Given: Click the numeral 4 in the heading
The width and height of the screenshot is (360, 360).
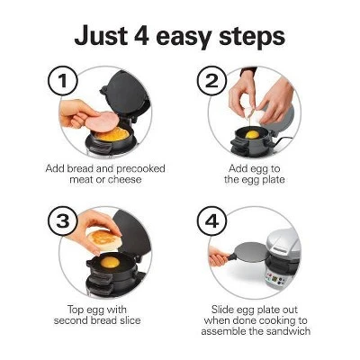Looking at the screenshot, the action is click(x=141, y=36).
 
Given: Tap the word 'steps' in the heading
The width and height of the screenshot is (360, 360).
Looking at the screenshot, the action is click(x=251, y=38).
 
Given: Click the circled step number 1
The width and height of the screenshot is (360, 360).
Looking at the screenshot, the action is click(x=63, y=81).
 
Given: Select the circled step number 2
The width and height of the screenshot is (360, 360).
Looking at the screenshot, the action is click(x=211, y=81).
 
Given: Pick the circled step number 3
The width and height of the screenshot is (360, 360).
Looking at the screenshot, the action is click(x=63, y=221).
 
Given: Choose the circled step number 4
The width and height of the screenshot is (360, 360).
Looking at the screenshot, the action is click(x=211, y=221).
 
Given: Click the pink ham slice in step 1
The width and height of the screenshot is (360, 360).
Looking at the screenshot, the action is click(x=103, y=121).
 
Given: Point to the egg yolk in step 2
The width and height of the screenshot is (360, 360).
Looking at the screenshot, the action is click(x=252, y=135).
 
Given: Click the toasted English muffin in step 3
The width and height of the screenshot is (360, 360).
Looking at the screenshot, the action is click(x=103, y=240).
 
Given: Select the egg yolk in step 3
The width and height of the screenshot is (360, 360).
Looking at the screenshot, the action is click(x=110, y=262).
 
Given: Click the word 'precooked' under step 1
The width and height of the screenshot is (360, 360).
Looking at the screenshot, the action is click(x=140, y=169).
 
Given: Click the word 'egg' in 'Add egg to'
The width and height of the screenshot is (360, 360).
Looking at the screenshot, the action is click(x=260, y=170).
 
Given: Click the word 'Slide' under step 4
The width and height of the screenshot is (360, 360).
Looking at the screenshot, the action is click(x=222, y=310).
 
